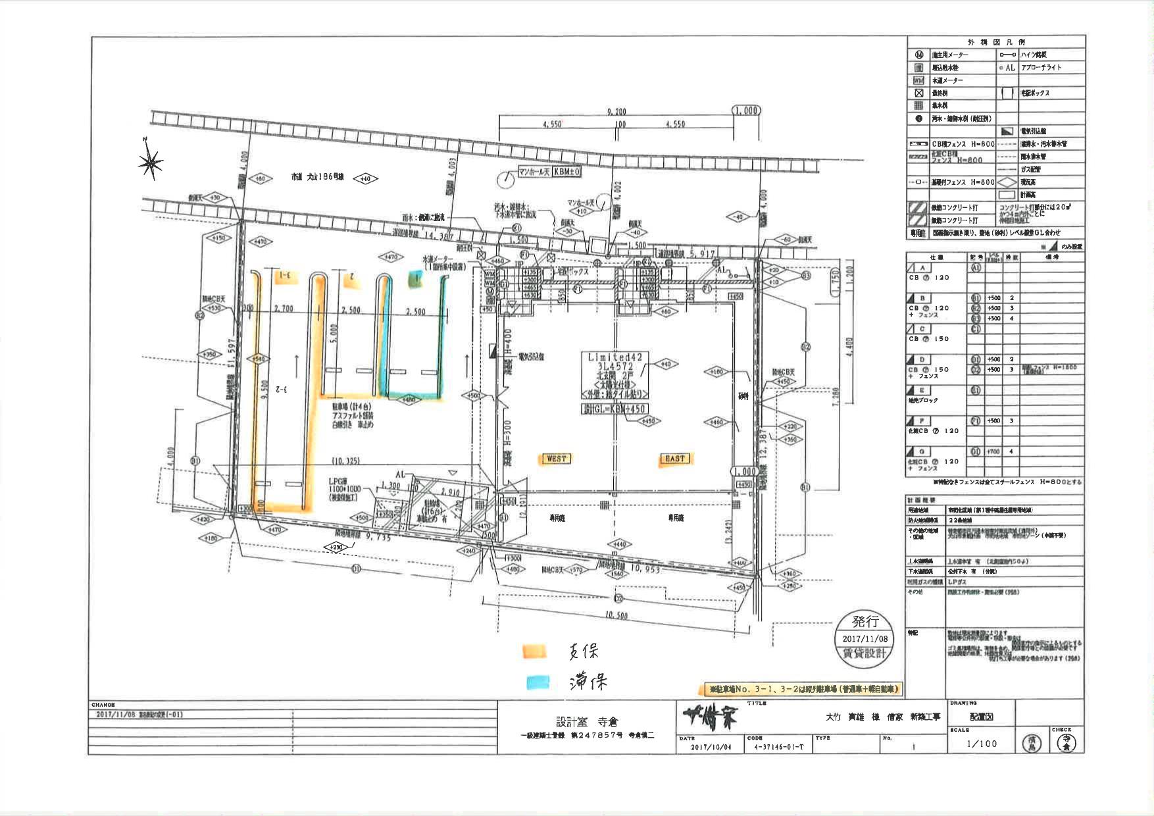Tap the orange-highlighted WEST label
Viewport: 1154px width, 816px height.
tap(556, 459)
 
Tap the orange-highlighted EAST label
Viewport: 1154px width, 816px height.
tap(674, 459)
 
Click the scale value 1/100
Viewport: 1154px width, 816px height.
tap(982, 744)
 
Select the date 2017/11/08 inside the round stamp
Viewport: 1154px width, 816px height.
tap(865, 638)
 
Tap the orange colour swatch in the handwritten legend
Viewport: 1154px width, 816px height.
tap(534, 651)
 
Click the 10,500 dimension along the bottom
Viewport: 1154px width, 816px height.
tap(615, 616)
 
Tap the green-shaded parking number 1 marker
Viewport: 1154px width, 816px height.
tap(415, 279)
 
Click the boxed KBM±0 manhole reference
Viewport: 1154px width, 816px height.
tap(566, 172)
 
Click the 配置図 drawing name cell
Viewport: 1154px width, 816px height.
tap(981, 718)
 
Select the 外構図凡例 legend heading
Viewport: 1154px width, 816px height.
tap(995, 42)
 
